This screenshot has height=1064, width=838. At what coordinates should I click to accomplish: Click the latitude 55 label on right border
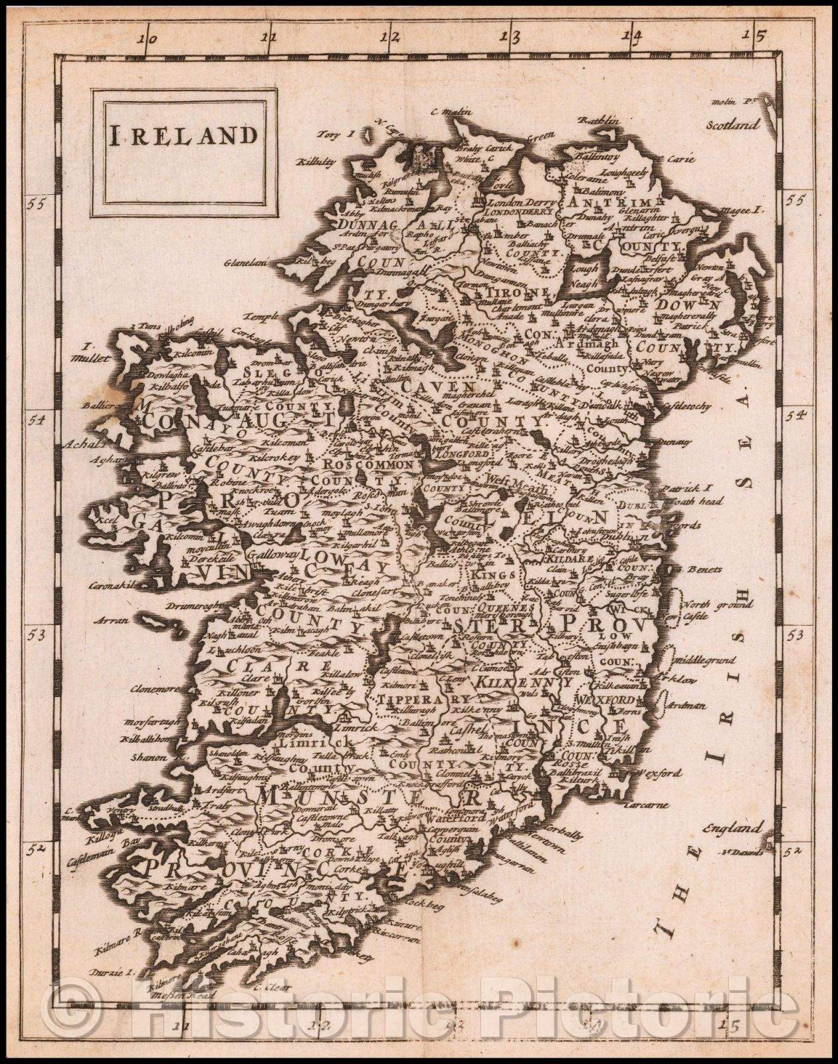pos(793,199)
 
